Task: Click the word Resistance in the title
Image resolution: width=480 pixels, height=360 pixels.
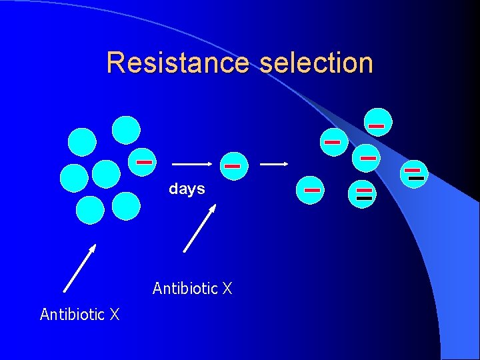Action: coord(178,63)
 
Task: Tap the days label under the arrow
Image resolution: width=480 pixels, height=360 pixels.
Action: coord(187,189)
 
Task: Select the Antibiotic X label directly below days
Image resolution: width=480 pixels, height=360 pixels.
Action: coord(192,289)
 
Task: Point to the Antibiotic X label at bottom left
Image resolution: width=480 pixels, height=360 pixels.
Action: coord(79,314)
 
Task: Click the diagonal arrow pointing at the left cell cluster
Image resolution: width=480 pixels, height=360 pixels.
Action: coord(79,268)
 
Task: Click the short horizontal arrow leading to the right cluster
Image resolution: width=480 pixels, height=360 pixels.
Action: coord(273,163)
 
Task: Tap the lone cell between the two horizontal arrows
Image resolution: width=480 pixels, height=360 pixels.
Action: coord(232,165)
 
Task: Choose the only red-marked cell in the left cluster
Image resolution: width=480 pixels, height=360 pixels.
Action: coord(143,162)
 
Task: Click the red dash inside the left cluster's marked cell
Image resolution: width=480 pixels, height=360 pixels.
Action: coord(145,162)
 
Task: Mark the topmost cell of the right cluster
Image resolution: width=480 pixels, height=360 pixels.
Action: coord(377,123)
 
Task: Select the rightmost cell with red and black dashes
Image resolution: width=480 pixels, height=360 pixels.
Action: coord(415,174)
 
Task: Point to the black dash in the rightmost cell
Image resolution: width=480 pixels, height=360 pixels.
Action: coord(416,179)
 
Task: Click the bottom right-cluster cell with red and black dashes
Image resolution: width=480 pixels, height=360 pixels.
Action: coord(363,194)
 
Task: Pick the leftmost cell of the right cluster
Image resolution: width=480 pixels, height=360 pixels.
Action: coord(311,190)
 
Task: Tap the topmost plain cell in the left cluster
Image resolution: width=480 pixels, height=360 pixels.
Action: coord(126,130)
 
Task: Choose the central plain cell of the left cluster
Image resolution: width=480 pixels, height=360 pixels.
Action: coord(106,174)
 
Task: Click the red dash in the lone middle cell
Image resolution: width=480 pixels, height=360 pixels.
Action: coord(232,165)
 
